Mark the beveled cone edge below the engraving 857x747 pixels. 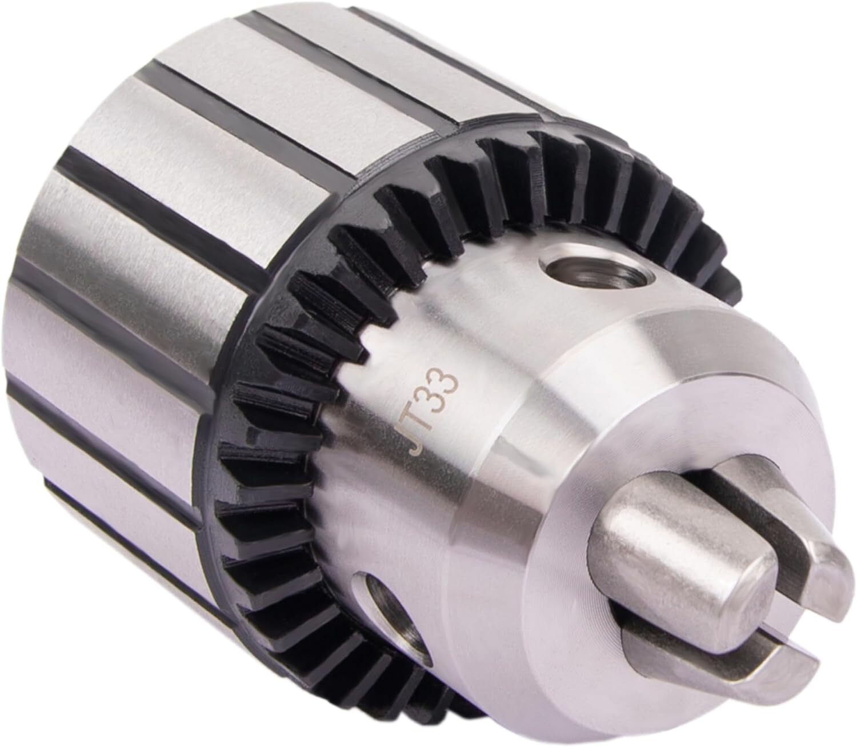486,514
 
